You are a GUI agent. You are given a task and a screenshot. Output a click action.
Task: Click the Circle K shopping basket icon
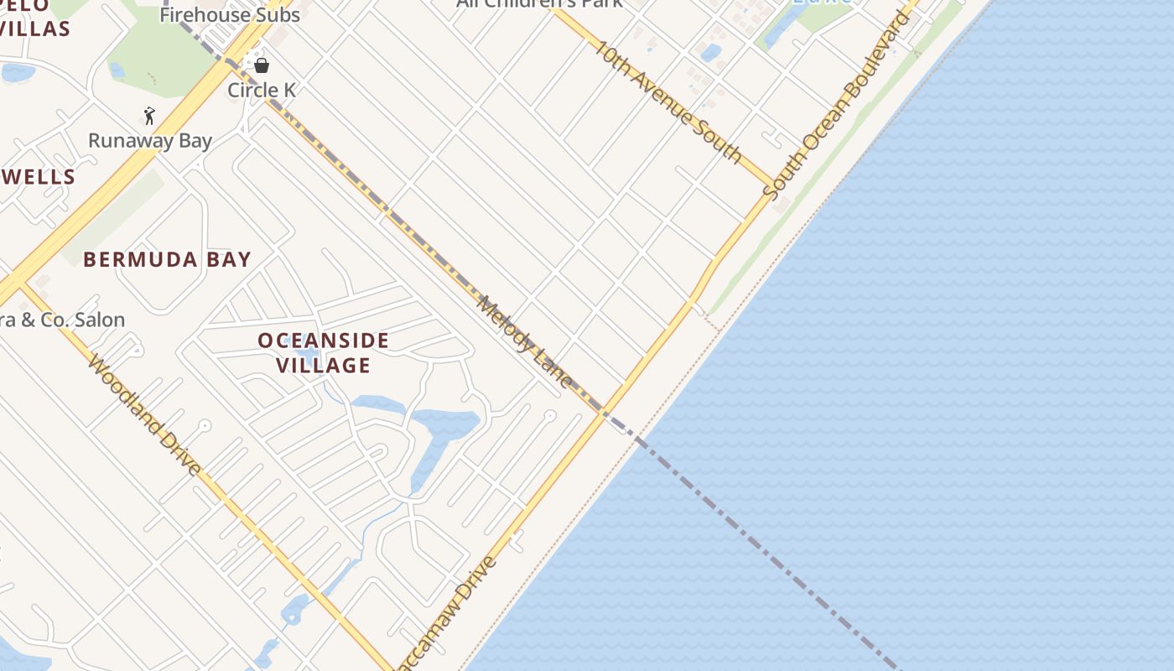pos(262,65)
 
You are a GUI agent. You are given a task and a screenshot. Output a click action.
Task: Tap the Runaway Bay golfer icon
pos(149,116)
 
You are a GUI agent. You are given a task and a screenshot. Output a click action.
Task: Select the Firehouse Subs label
pos(229,14)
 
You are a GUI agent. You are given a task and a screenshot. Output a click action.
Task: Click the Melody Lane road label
pos(524,341)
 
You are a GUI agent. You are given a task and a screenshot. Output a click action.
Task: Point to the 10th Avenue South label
pos(668,100)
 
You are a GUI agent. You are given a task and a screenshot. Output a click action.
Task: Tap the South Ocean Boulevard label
pos(836,104)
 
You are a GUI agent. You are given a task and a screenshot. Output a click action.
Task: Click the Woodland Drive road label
pos(144,414)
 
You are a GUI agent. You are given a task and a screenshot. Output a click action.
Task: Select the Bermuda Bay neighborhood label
pos(167,259)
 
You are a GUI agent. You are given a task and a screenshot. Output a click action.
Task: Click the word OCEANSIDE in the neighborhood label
pos(323,341)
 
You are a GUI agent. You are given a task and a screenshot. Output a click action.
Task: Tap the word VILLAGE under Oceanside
pos(323,366)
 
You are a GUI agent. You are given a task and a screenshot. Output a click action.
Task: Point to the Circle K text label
pos(262,90)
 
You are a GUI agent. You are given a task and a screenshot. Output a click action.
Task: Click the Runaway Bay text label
pos(150,140)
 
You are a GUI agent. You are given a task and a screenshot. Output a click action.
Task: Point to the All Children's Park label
pos(539,3)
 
